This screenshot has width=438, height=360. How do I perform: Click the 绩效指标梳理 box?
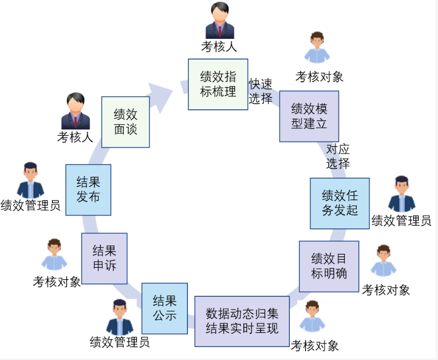[x=218, y=84]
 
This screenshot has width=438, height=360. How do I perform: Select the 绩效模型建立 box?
[x=309, y=117]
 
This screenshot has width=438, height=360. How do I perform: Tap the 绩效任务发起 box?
[x=340, y=203]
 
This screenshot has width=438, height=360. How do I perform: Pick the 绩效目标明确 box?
[x=329, y=266]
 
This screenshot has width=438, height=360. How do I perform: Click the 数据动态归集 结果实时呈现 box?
[x=242, y=321]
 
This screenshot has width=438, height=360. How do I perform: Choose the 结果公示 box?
[x=165, y=308]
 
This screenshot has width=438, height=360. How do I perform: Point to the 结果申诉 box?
[x=104, y=258]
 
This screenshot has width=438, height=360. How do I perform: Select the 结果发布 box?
[x=88, y=190]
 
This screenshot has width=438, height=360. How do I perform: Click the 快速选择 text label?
[x=260, y=92]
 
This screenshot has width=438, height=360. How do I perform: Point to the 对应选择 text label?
[x=338, y=156]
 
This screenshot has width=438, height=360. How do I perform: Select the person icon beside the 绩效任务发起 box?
[x=402, y=194]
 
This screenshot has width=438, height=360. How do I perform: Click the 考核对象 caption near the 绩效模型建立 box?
[x=319, y=77]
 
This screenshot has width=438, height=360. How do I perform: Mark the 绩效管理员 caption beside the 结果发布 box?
[x=31, y=206]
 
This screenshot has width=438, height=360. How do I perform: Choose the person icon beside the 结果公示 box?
[x=120, y=317]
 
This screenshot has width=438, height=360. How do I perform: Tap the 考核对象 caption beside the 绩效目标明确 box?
[x=386, y=290]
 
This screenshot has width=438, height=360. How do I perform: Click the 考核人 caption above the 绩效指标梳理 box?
[x=219, y=47]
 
